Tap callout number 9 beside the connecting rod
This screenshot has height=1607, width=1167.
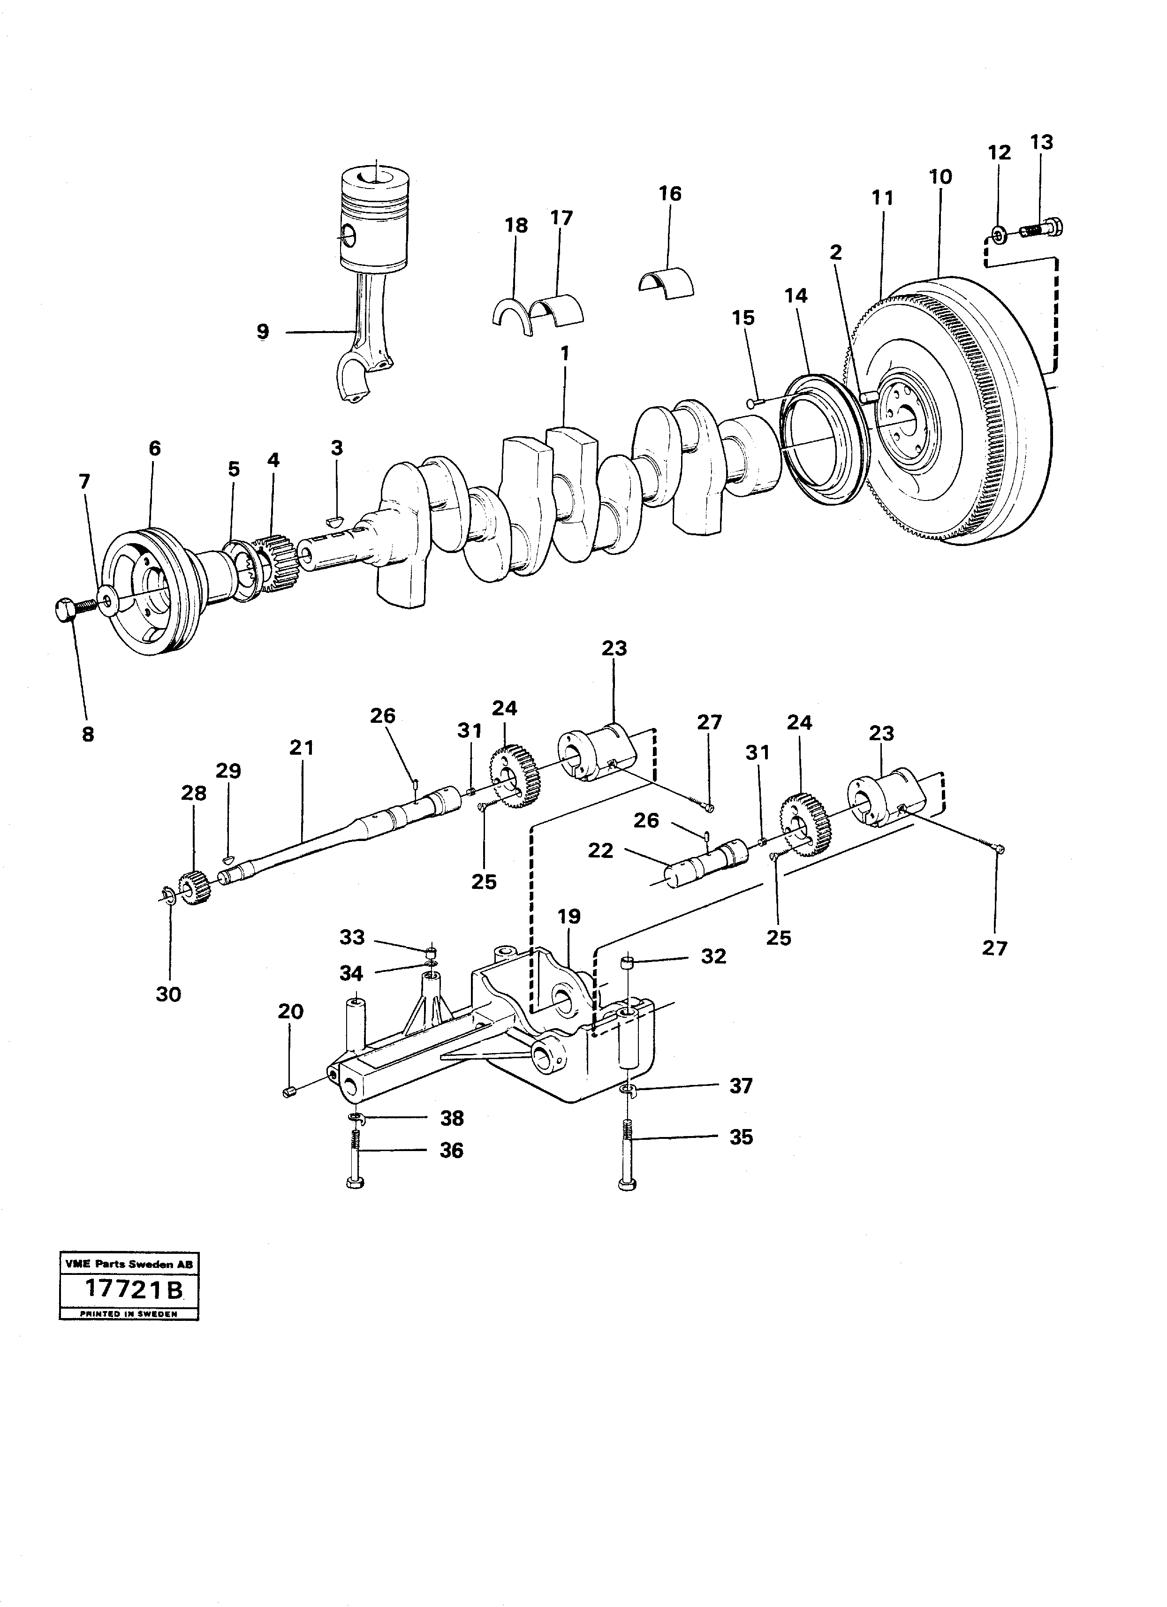(263, 331)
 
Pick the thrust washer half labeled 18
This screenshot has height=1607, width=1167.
(512, 316)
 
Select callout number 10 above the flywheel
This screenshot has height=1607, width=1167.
(940, 177)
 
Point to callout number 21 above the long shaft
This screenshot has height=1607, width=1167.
(301, 748)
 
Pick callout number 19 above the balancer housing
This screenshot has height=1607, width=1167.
(569, 917)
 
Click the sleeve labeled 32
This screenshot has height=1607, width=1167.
(626, 963)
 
